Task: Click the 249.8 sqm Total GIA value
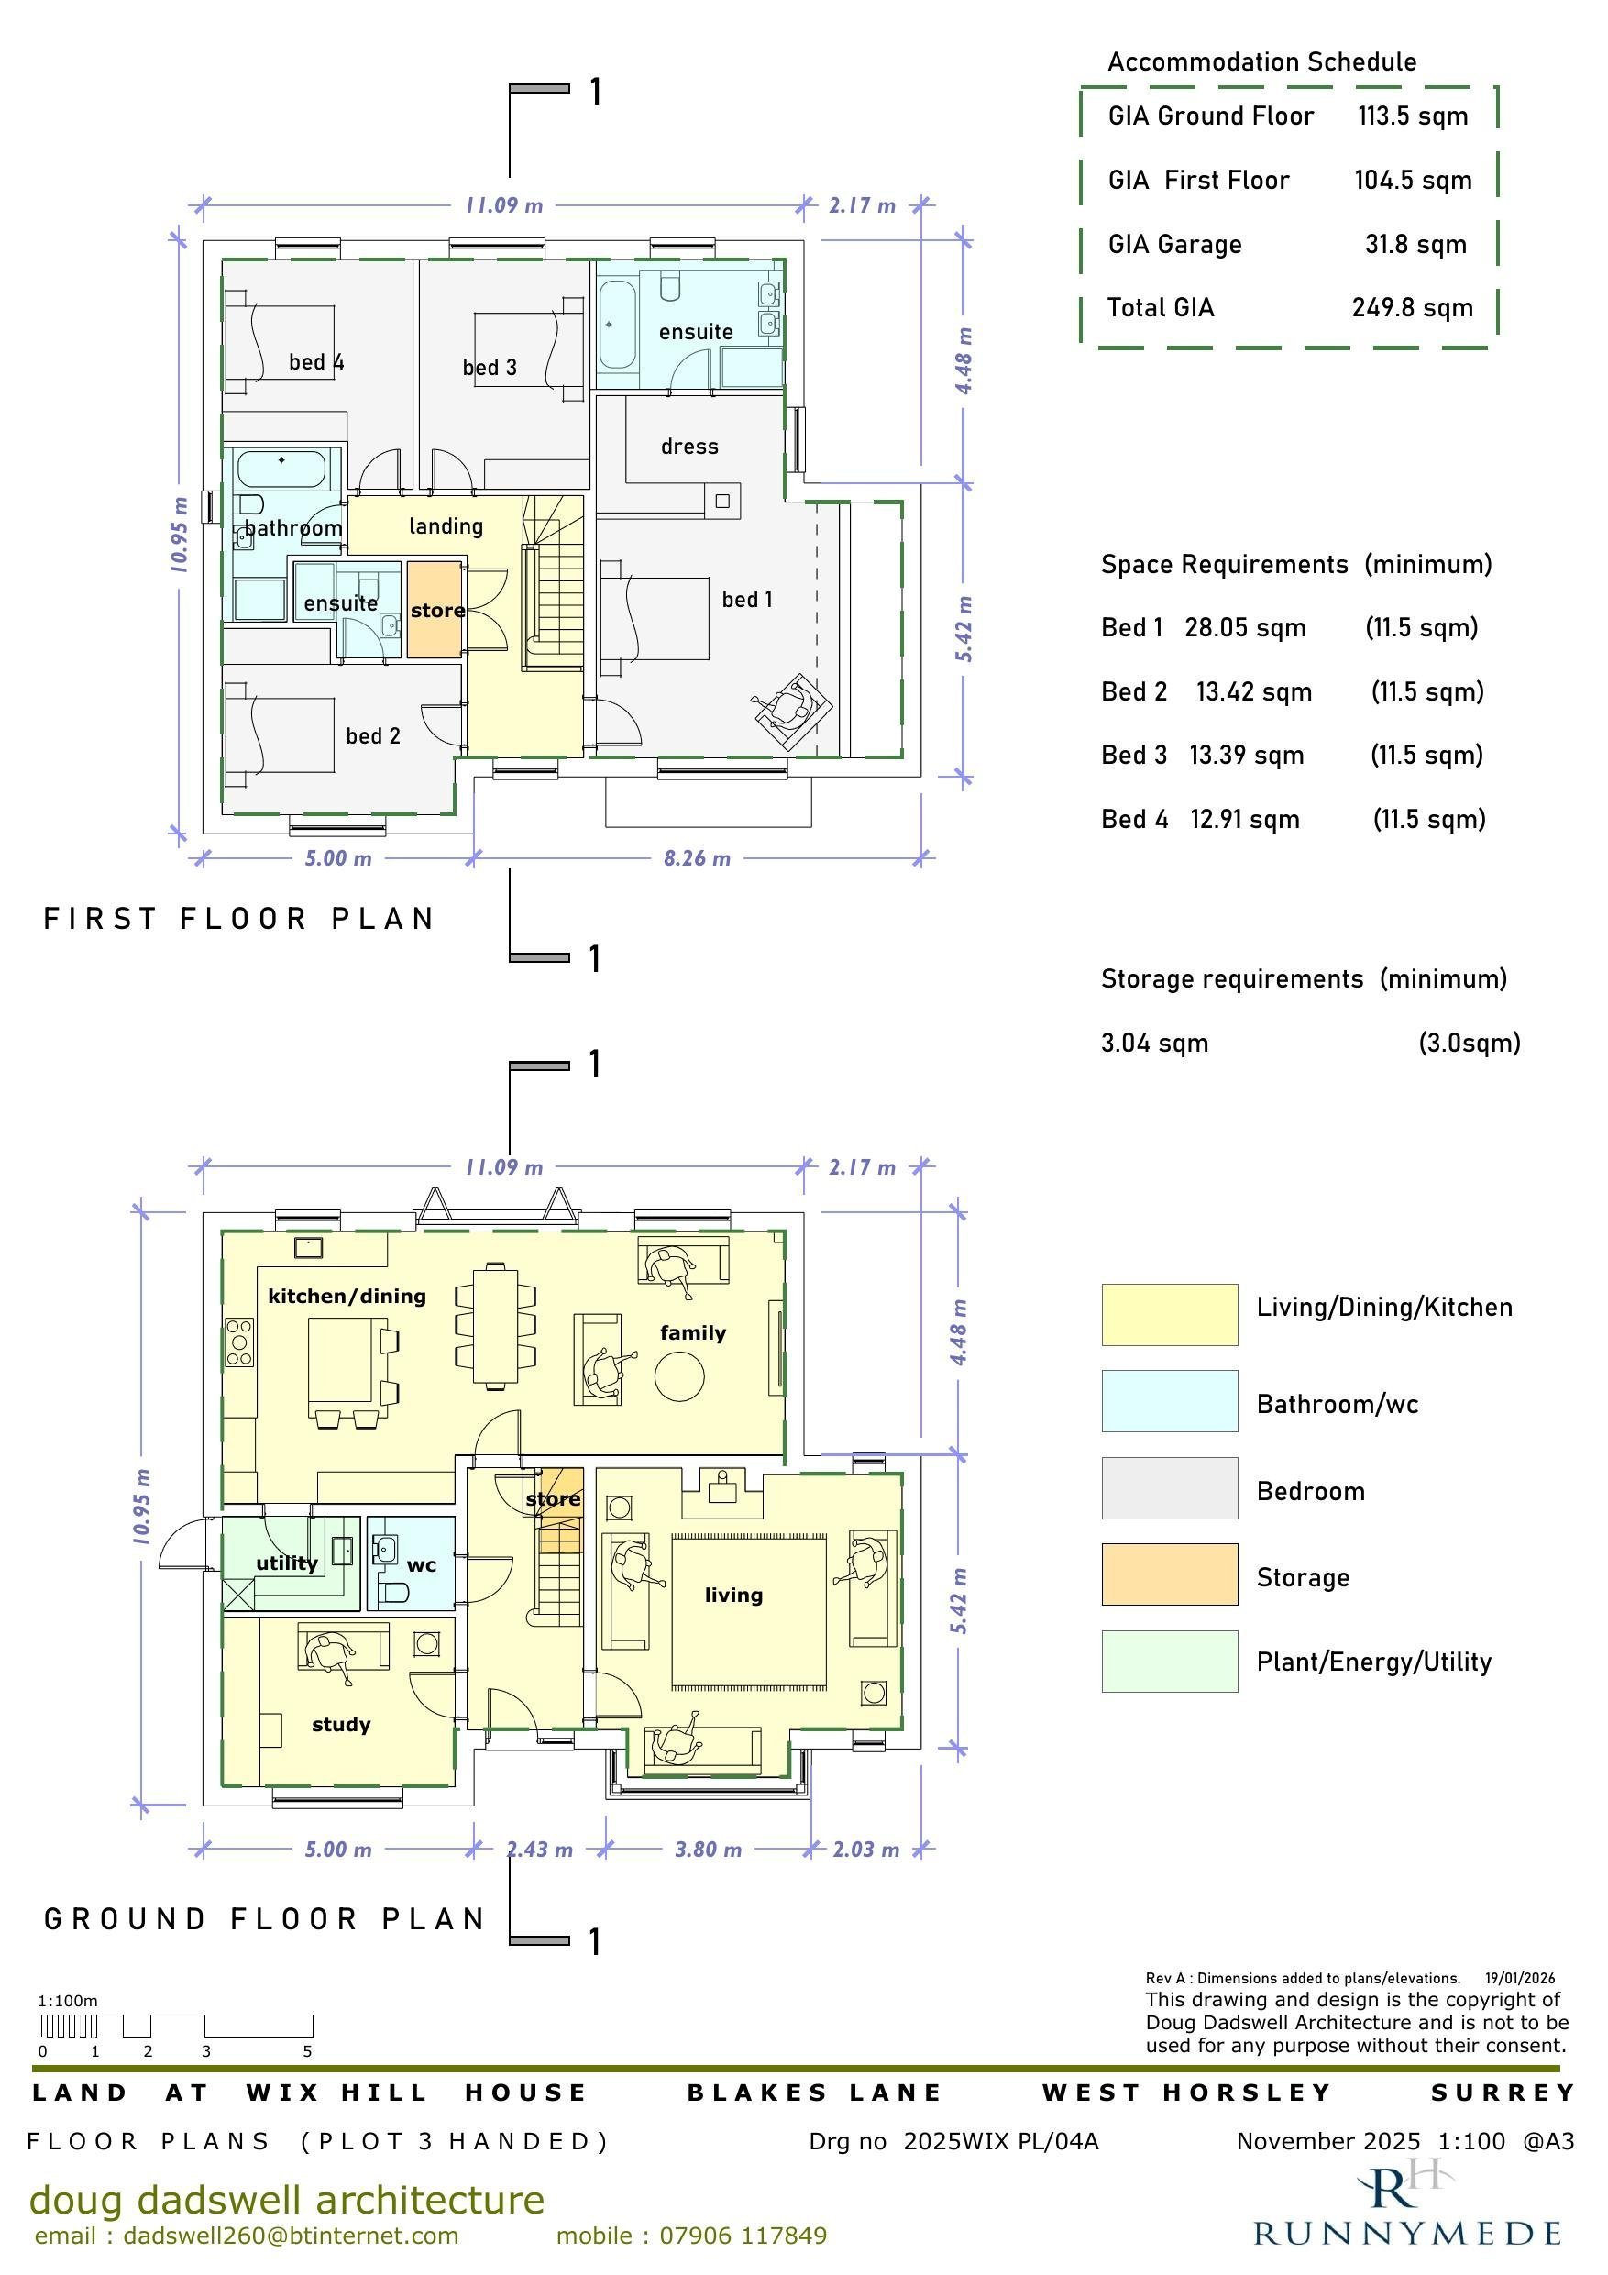1412,308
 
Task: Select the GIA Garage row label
1174,245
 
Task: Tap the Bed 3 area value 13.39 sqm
1247,756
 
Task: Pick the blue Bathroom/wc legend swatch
1169,1401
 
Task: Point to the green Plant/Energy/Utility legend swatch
1169,1662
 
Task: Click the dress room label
689,447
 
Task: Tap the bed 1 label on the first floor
747,600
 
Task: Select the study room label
341,1725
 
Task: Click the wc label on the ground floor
421,1565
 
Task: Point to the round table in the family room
679,1376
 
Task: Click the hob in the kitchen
238,1342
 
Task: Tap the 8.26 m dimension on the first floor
697,859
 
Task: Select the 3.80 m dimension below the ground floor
709,1850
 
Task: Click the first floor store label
438,611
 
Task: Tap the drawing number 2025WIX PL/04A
1001,2142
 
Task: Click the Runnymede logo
1408,2205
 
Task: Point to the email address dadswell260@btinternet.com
292,2236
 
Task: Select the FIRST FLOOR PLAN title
238,920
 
